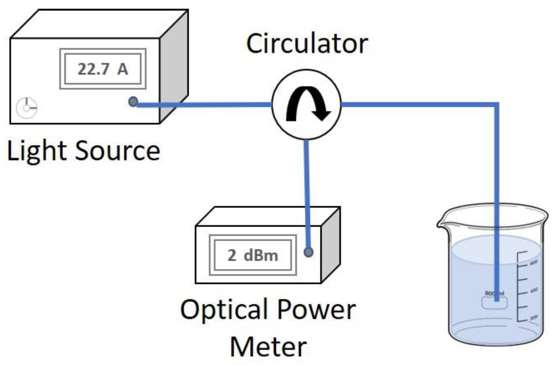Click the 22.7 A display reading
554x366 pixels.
tap(103, 69)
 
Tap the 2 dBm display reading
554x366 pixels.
tap(253, 255)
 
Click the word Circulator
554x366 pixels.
tap(307, 44)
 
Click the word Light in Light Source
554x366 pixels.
tap(37, 151)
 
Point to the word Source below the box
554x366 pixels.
tap(118, 151)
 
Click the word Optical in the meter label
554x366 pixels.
tap(224, 309)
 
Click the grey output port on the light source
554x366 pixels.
tap(133, 101)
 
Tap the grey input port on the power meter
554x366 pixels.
tap(308, 252)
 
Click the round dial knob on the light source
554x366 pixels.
tap(27, 108)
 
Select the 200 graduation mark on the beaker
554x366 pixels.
tap(534, 317)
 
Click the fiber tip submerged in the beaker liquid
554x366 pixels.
tap(497, 299)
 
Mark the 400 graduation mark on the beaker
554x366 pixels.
tap(534, 290)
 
